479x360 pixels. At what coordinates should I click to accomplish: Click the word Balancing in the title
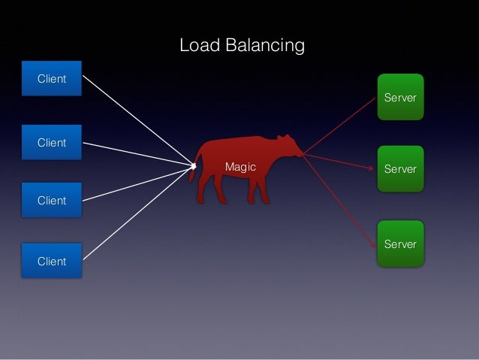[266, 47]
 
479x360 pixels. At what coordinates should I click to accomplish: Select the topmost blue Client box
[52, 78]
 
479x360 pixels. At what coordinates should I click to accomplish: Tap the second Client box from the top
[52, 142]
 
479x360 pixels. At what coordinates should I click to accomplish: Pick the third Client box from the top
[52, 200]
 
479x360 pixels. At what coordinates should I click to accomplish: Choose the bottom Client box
[52, 261]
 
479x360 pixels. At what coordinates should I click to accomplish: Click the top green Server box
[400, 97]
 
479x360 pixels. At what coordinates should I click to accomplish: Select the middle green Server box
[400, 168]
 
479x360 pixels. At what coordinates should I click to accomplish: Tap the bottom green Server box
[400, 244]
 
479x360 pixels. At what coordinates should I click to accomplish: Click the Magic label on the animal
[241, 167]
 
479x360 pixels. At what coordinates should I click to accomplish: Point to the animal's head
[288, 147]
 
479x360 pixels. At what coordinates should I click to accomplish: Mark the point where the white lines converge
[193, 165]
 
